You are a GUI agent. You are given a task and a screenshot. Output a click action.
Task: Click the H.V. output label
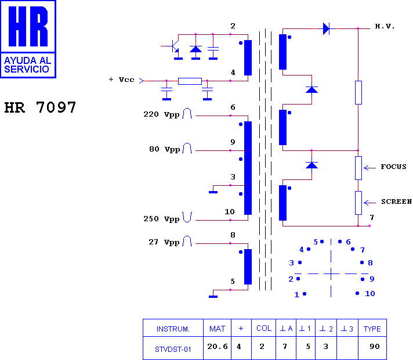[x=385, y=26]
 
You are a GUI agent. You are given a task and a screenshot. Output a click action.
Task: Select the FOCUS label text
[x=393, y=167]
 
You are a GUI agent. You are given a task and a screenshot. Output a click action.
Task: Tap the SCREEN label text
[x=396, y=201]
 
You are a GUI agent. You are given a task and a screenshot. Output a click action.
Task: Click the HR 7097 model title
[x=40, y=107]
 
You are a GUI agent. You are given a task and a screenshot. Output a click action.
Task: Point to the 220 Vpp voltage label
[x=161, y=114]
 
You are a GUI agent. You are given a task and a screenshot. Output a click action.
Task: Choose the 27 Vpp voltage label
[x=164, y=242]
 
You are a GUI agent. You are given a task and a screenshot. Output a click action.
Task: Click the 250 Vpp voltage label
[x=161, y=219]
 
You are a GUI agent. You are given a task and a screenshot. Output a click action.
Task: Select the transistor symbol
[x=173, y=46]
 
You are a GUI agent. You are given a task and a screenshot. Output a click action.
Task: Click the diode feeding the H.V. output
[x=326, y=28]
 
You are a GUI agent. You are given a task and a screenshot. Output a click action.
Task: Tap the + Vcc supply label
[x=121, y=80]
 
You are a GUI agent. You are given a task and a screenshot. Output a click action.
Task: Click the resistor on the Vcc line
[x=190, y=81]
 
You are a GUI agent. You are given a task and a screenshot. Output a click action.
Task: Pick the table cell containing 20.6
[x=218, y=348]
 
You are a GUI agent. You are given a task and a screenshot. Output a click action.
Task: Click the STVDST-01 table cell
[x=173, y=348]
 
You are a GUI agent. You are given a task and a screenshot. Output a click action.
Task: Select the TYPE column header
[x=372, y=328]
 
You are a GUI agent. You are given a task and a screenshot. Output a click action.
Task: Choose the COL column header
[x=264, y=328]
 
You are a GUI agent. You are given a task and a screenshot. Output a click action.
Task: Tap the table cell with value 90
[x=372, y=348]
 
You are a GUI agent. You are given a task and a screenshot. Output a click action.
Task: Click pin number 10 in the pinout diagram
[x=370, y=294]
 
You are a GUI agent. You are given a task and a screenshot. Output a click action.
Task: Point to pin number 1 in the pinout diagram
[x=296, y=294]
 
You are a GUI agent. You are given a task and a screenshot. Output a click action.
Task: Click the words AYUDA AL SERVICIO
[x=27, y=64]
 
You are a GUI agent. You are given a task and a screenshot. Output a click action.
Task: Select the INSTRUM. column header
[x=173, y=329]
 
